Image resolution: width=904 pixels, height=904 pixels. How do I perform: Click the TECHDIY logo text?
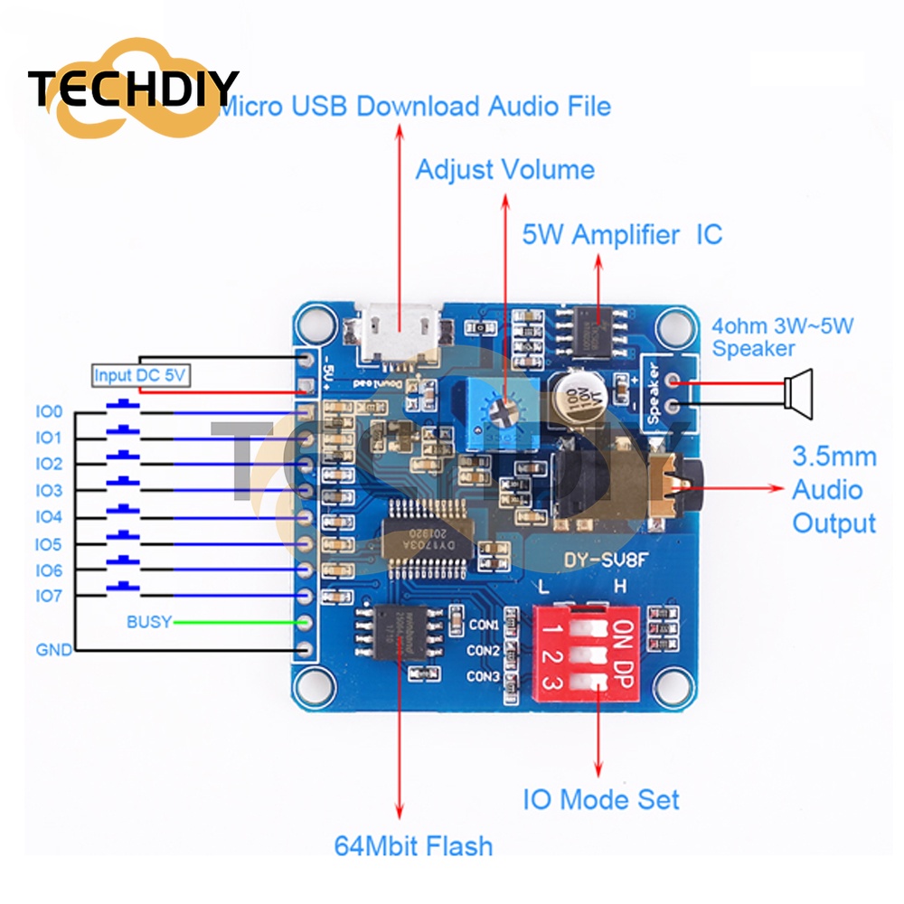(x=133, y=88)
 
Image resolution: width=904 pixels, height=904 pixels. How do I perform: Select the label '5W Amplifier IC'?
(x=622, y=235)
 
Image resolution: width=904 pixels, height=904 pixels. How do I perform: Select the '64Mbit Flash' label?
(x=413, y=846)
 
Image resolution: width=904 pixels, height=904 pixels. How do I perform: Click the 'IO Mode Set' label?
(x=601, y=799)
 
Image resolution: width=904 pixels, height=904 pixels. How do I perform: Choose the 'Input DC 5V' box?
(x=141, y=376)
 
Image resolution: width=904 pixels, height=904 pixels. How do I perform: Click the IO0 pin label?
(x=49, y=412)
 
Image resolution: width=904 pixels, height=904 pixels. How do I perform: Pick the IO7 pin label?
(x=49, y=597)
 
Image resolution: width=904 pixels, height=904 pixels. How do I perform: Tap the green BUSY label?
(x=148, y=622)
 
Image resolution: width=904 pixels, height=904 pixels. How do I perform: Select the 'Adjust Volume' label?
(x=504, y=170)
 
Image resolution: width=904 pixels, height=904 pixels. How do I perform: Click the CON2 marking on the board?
(x=485, y=650)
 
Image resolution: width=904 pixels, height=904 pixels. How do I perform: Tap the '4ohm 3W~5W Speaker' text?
(x=782, y=336)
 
